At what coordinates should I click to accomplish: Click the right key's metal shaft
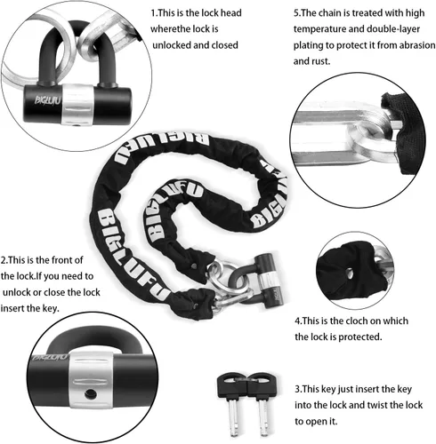[x=263, y=416]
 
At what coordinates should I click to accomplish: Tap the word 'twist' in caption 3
[x=360, y=405]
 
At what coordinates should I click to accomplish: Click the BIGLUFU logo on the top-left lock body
[x=47, y=99]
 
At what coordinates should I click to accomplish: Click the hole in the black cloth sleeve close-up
[x=349, y=274]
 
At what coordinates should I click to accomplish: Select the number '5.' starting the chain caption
[x=297, y=13]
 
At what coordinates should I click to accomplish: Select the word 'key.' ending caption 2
[x=51, y=308]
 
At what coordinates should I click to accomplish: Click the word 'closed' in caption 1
[x=224, y=45]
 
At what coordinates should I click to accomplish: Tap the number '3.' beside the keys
[x=298, y=389]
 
